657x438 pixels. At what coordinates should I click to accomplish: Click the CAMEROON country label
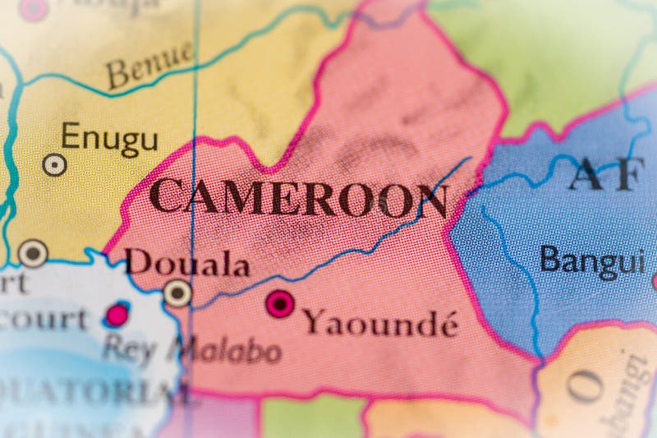click(x=299, y=198)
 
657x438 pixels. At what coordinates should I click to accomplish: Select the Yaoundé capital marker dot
click(x=280, y=304)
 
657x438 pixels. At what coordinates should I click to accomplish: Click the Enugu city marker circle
click(x=54, y=164)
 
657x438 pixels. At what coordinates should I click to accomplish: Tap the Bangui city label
click(x=591, y=260)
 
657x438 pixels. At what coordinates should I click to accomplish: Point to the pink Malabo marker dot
click(x=117, y=314)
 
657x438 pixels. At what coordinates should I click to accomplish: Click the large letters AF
click(x=604, y=173)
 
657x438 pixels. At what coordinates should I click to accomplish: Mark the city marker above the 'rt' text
click(x=33, y=252)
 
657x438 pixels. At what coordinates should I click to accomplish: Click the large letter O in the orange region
click(x=585, y=386)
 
